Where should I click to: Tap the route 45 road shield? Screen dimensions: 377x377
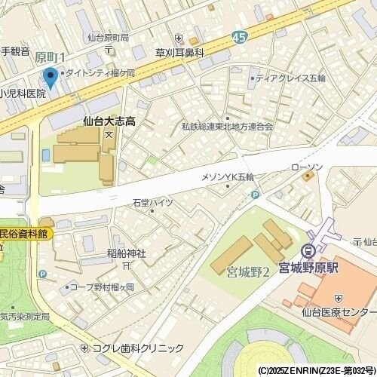240,36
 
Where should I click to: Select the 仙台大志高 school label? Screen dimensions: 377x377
109,121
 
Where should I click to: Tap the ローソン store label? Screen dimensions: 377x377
306,167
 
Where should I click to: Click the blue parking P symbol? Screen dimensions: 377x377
255,195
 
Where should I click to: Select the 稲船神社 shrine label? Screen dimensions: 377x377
126,253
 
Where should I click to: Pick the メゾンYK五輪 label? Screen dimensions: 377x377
228,176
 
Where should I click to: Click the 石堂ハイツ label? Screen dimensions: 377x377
153,203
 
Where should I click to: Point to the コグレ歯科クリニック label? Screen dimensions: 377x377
138,348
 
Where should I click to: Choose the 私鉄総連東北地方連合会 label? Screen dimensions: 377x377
227,127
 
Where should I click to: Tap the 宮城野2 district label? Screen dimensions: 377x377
248,271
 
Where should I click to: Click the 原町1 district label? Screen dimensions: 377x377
51,57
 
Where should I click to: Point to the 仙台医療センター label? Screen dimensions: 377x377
339,312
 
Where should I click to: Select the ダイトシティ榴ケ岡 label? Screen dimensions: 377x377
101,73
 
